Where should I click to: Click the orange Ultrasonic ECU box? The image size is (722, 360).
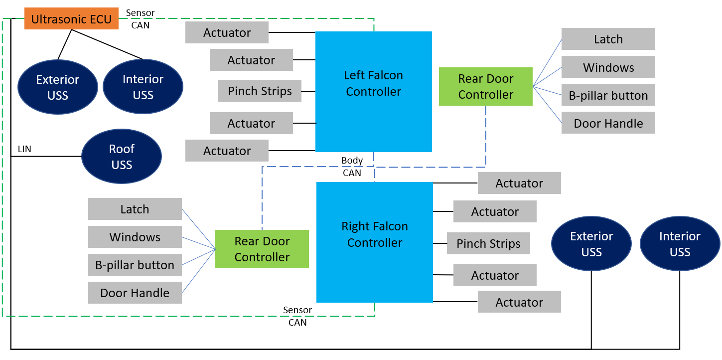click(x=71, y=19)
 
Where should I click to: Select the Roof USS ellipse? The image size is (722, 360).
click(x=122, y=157)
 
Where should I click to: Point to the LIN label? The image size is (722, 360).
click(x=24, y=149)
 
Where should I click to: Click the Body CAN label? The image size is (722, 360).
click(x=352, y=167)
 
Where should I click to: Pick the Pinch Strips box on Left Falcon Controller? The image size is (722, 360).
click(x=260, y=91)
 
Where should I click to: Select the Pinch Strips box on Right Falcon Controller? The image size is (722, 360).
click(x=488, y=243)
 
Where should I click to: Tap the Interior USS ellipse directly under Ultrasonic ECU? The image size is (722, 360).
click(x=143, y=87)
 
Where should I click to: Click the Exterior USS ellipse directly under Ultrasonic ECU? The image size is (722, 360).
click(x=58, y=87)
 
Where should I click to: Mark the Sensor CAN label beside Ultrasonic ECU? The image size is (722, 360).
click(x=140, y=19)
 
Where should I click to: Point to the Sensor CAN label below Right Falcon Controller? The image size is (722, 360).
click(x=297, y=316)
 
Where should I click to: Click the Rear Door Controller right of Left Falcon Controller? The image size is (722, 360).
click(x=485, y=86)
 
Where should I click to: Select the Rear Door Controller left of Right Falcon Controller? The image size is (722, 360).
click(x=262, y=249)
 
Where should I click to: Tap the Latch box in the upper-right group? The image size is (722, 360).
click(x=608, y=39)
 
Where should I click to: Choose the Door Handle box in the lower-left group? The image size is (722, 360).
click(x=135, y=293)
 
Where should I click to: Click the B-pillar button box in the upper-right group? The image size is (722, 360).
click(x=608, y=95)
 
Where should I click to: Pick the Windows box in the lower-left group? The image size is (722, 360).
click(x=135, y=237)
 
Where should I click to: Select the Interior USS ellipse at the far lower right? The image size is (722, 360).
click(x=680, y=244)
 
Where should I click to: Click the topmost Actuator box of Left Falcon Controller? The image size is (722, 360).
click(x=227, y=32)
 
